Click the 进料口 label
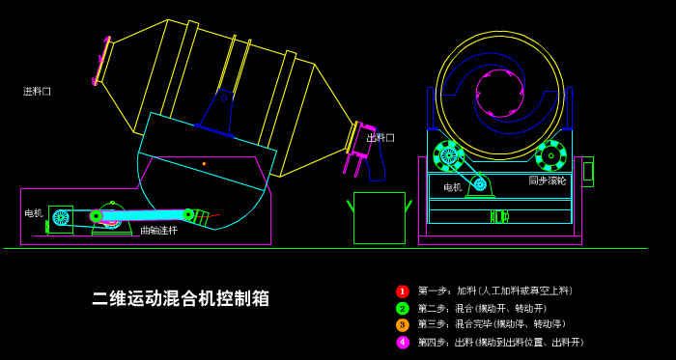point(37,92)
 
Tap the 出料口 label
point(380,138)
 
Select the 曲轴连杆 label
point(158,231)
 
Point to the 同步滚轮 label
point(548,180)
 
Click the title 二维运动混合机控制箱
point(181,298)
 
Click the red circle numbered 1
point(403,291)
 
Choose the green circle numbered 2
point(403,309)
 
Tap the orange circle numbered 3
point(403,325)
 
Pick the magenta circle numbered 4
point(403,343)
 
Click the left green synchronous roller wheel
point(448,155)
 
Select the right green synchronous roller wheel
point(550,155)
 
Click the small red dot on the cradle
point(204,163)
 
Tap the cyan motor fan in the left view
point(61,217)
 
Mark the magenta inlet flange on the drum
point(101,60)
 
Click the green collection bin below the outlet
point(379,217)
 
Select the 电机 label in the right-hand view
point(452,187)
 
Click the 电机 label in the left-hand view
point(34,213)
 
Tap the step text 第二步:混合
point(482,309)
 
